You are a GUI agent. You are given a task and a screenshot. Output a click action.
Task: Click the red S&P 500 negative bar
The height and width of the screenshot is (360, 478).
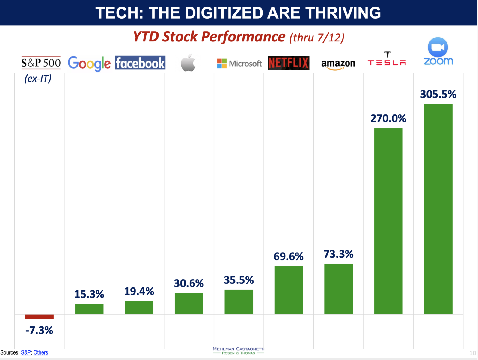tap(39, 317)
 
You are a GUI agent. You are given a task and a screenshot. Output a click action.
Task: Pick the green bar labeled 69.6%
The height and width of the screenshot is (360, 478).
tap(289, 290)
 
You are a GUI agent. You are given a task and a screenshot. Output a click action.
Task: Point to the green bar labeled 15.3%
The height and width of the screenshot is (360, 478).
tap(89, 309)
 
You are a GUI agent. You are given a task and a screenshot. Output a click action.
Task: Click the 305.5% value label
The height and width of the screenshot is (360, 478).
tap(438, 94)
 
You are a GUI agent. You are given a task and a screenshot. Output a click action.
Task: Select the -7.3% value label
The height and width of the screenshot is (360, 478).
tap(39, 330)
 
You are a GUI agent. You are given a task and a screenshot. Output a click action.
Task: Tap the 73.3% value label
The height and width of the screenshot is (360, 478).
tap(338, 254)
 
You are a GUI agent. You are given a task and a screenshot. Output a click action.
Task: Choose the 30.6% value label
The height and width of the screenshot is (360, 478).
tap(189, 283)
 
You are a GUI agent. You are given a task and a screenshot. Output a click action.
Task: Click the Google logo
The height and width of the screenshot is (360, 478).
tap(89, 63)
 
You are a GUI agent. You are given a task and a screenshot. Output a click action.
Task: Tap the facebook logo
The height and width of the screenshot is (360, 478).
tap(140, 63)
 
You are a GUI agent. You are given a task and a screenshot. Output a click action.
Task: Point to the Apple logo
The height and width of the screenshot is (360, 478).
tap(188, 63)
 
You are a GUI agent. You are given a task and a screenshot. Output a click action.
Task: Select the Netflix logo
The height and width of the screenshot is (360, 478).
tap(288, 63)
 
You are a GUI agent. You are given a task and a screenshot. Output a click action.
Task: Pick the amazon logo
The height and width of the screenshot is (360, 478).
tap(338, 64)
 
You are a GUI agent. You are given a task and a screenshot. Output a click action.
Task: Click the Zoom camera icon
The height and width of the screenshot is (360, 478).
tap(438, 47)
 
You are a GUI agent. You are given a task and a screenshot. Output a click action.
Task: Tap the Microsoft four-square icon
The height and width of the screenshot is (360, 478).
tap(222, 63)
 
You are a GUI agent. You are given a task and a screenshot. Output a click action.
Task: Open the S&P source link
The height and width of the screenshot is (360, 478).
tap(26, 352)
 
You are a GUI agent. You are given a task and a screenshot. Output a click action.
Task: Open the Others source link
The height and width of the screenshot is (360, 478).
tap(41, 352)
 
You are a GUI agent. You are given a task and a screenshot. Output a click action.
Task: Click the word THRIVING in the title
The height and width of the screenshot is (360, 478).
tap(343, 13)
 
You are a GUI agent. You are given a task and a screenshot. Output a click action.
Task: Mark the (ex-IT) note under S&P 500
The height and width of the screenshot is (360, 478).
tap(38, 78)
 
